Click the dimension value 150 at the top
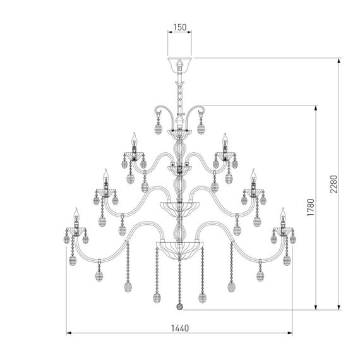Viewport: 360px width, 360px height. pyautogui.click(x=180, y=27)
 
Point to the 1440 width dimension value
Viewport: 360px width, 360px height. pyautogui.click(x=180, y=328)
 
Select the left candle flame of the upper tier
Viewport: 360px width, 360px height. pyautogui.click(x=135, y=138)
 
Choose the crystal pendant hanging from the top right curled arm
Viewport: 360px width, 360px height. pyautogui.click(x=202, y=129)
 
